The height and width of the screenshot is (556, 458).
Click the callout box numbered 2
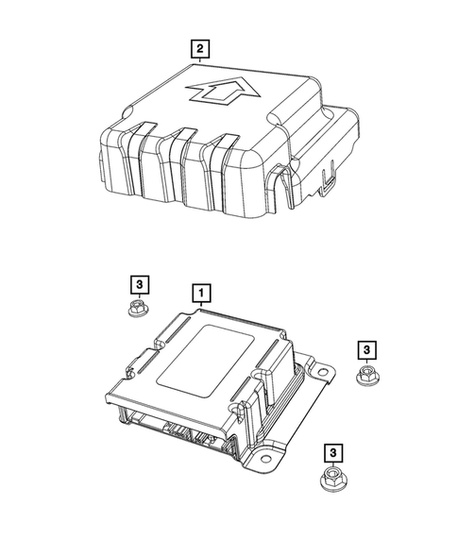tap(198, 47)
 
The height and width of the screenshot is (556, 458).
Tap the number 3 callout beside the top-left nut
tap(138, 284)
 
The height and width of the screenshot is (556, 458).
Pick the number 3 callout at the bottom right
tap(331, 453)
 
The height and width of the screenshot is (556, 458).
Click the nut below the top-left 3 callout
tap(138, 311)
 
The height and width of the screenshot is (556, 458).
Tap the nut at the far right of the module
tap(365, 378)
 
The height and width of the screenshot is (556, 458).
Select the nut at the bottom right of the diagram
tap(331, 480)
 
